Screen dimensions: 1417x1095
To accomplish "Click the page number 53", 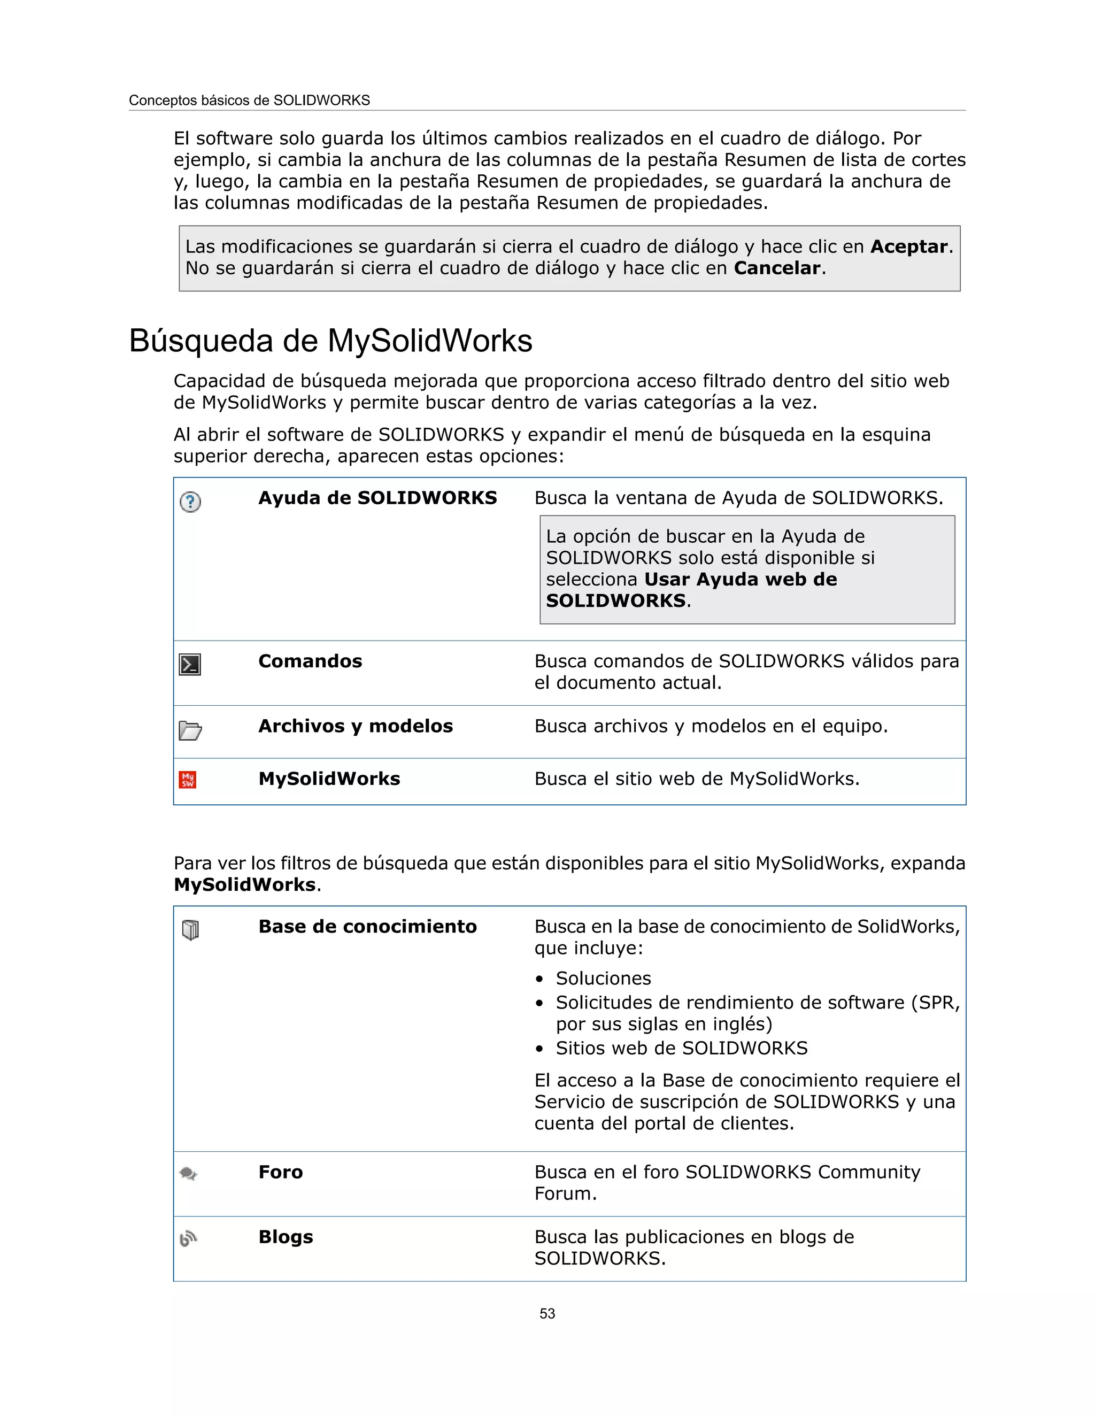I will (547, 1313).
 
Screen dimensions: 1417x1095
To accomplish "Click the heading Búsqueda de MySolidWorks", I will (330, 341).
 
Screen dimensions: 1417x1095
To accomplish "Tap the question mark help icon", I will (190, 502).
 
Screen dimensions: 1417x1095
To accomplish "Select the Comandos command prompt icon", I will (190, 664).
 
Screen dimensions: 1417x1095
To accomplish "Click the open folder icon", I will (190, 730).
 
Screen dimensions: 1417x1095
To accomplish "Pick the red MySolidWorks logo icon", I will (188, 780).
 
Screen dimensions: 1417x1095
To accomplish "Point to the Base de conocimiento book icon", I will (190, 930).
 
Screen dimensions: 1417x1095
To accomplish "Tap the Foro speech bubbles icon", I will (188, 1174).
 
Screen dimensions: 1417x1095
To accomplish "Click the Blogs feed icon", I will (188, 1238).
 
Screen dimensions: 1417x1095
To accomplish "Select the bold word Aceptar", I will (908, 247).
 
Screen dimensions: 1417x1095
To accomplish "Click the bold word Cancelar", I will (777, 268).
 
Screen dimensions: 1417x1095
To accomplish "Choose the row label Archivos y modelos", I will (356, 726).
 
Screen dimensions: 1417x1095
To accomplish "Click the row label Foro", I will (280, 1172).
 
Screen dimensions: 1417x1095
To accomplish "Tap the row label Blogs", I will (286, 1237).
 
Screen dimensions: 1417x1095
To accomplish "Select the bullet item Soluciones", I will (603, 979).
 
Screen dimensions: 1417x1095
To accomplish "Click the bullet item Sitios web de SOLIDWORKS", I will (681, 1048).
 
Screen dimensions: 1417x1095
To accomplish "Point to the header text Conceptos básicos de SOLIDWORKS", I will (249, 101).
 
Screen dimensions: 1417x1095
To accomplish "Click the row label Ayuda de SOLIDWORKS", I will (377, 498).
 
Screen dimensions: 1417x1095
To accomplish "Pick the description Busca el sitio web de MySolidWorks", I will (697, 779).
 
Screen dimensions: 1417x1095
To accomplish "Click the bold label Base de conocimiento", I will (367, 927).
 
